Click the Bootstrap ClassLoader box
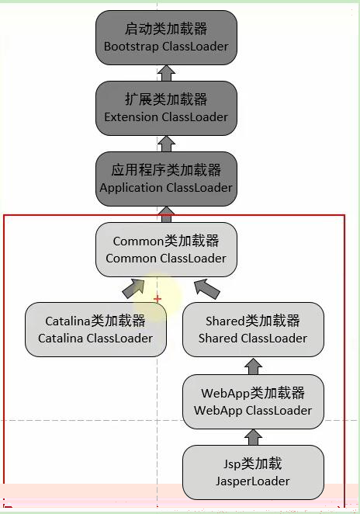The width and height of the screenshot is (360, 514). (x=166, y=37)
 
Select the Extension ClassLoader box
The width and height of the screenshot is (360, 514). (x=166, y=108)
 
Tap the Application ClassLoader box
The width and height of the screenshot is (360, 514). (x=166, y=179)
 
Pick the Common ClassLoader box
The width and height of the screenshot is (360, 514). (x=166, y=249)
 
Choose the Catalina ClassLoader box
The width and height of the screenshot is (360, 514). (x=95, y=329)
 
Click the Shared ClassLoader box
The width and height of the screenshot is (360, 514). (x=253, y=329)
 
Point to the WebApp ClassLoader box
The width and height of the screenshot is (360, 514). (x=253, y=401)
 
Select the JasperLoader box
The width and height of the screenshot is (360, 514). (x=253, y=472)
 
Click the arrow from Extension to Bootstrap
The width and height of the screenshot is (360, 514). (x=166, y=73)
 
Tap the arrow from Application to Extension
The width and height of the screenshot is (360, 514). (x=166, y=144)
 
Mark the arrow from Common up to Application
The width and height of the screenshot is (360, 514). (x=166, y=214)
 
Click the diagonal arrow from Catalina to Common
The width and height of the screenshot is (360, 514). (x=133, y=289)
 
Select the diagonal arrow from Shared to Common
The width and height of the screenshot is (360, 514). (x=207, y=289)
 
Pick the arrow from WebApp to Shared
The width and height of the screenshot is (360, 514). (x=253, y=366)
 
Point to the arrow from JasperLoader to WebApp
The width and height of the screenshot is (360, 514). (x=253, y=437)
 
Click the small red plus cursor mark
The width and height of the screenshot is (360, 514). (x=157, y=299)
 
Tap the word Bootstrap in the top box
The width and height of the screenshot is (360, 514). (x=131, y=47)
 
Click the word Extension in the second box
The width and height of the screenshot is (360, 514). (x=131, y=117)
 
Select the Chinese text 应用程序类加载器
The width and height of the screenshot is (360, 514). (x=166, y=170)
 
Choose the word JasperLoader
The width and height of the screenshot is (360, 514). (x=253, y=481)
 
